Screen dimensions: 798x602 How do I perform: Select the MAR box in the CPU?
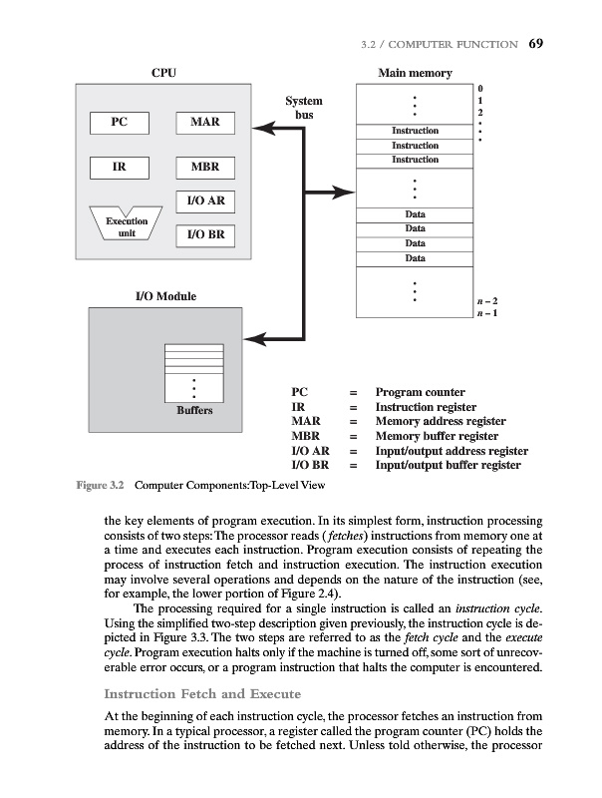[204, 123]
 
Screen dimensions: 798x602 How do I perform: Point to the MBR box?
[204, 167]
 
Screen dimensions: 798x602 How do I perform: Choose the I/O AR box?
[204, 201]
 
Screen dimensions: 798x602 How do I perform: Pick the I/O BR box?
[204, 235]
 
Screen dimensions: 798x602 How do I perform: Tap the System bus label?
[304, 108]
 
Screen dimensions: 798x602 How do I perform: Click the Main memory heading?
[415, 73]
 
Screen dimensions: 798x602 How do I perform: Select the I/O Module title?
[165, 296]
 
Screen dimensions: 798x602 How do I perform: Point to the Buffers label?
[193, 411]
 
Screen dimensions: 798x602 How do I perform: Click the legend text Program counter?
[420, 393]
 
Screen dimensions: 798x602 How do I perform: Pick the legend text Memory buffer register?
[437, 436]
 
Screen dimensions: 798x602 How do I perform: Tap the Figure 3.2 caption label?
[100, 486]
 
